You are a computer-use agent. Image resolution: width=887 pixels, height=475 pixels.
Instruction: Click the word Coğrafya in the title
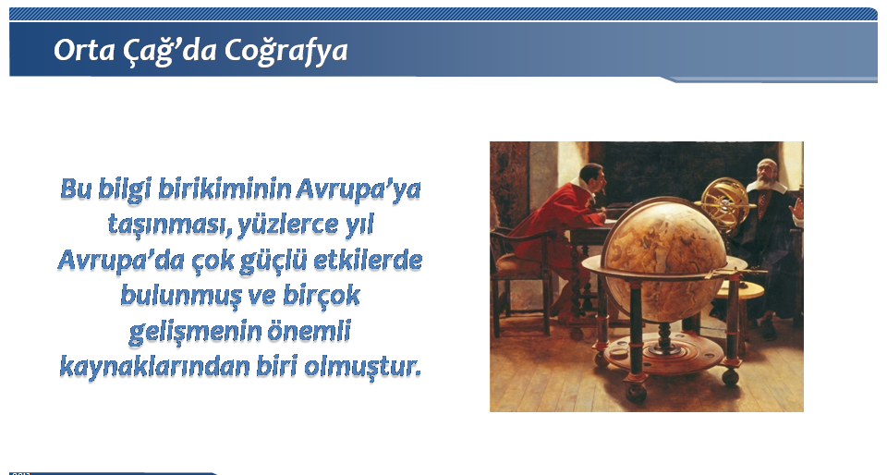click(286, 51)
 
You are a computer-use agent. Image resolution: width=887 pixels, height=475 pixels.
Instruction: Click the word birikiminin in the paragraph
click(225, 189)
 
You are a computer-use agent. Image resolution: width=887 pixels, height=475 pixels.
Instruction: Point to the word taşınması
click(169, 225)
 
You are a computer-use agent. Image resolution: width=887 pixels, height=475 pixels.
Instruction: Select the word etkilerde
click(368, 260)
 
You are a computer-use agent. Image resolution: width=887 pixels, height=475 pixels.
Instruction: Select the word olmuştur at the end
click(363, 367)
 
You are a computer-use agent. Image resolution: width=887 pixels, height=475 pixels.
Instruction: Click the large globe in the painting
click(663, 260)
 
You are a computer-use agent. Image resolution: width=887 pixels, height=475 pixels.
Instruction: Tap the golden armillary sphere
click(724, 203)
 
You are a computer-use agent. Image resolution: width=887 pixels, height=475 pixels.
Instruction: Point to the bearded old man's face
click(768, 174)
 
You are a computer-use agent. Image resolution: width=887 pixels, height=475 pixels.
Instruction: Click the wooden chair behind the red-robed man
click(520, 277)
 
